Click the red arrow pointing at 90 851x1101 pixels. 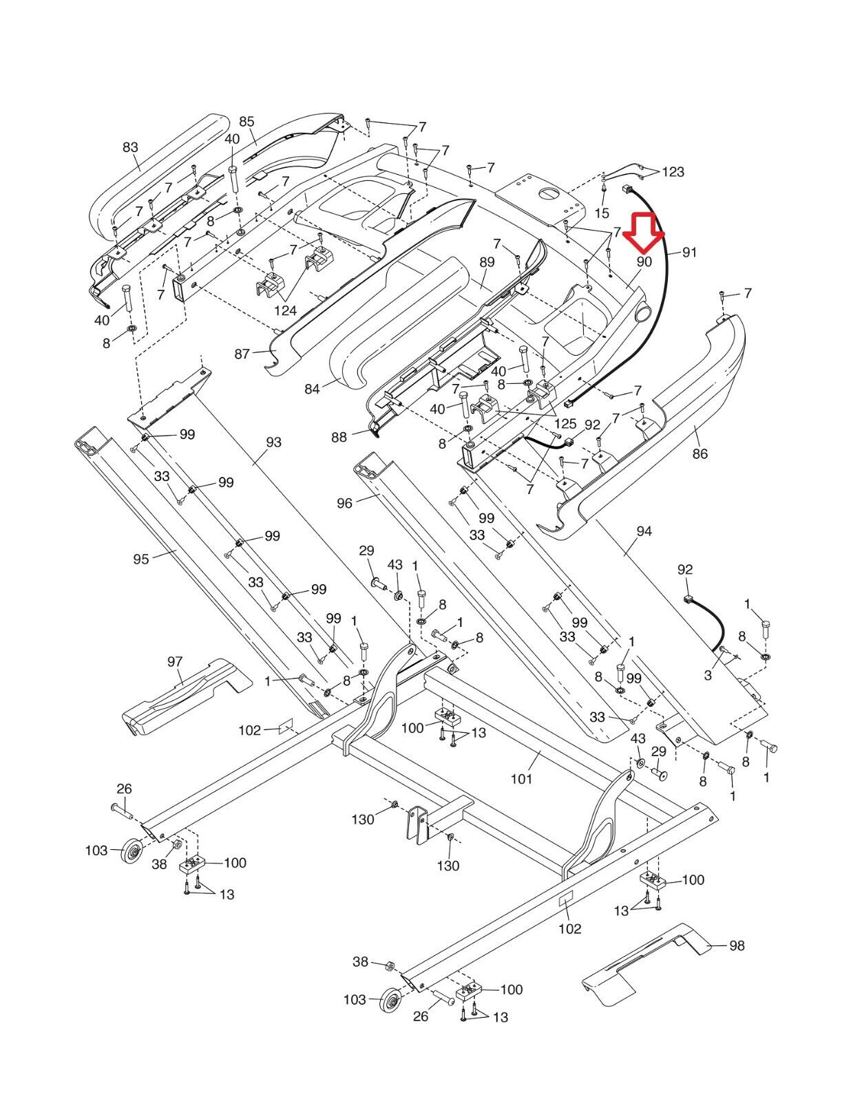point(644,233)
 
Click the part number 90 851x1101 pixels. point(644,261)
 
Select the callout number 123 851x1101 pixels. point(673,171)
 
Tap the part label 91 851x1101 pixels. point(689,253)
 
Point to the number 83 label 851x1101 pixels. point(130,147)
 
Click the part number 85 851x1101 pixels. point(246,122)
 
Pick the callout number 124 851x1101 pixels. point(285,311)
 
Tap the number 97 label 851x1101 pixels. point(175,661)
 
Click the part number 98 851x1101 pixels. point(737,945)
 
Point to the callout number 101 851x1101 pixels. point(521,779)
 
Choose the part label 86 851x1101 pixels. point(700,453)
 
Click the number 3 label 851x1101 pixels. point(708,676)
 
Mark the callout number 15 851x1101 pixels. point(602,213)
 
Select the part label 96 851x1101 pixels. point(344,504)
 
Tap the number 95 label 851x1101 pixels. point(141,559)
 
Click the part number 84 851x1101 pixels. point(312,389)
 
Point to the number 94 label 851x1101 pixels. point(644,531)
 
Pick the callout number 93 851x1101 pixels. point(273,442)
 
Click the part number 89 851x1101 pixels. point(487,262)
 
